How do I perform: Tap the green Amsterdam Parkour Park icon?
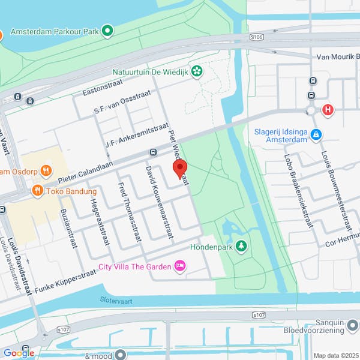107,30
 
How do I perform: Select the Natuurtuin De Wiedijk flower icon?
197,72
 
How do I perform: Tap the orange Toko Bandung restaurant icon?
37,191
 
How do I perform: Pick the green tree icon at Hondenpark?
241,246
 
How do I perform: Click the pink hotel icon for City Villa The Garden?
179,266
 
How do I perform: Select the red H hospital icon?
328,110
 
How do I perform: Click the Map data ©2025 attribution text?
335,355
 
